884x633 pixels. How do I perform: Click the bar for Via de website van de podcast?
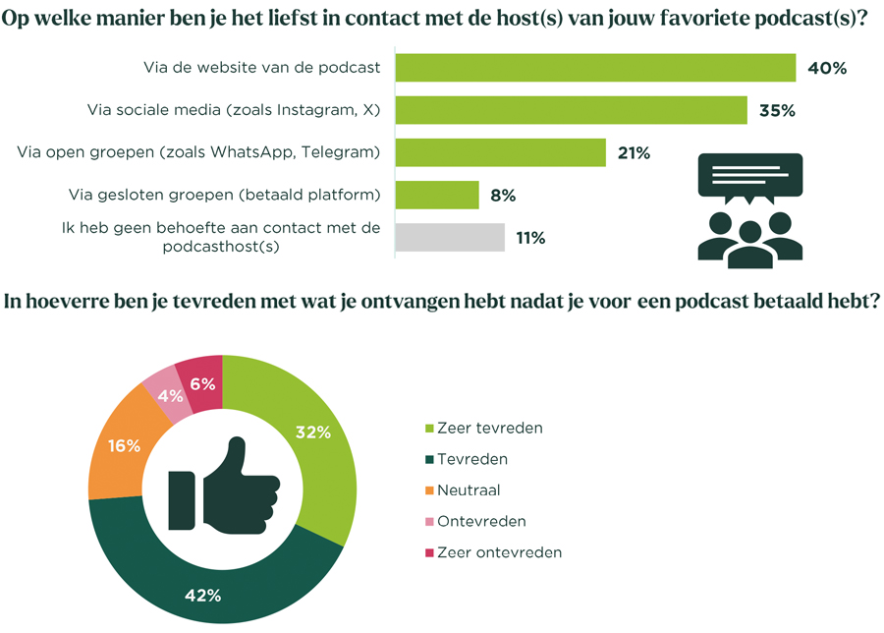[x=594, y=68]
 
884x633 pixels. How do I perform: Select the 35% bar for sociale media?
[x=571, y=110]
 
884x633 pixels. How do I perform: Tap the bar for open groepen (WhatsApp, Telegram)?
[x=500, y=152]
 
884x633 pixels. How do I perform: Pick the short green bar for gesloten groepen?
[x=437, y=195]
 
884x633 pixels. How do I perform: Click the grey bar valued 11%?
[x=450, y=237]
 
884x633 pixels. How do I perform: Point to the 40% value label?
[x=826, y=68]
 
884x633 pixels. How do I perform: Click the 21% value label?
[x=635, y=152]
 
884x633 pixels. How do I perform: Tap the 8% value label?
[x=503, y=195]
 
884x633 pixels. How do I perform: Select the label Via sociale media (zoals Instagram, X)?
[x=233, y=110]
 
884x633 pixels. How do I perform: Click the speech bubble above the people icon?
[x=749, y=178]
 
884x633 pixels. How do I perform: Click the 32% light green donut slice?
[x=314, y=433]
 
